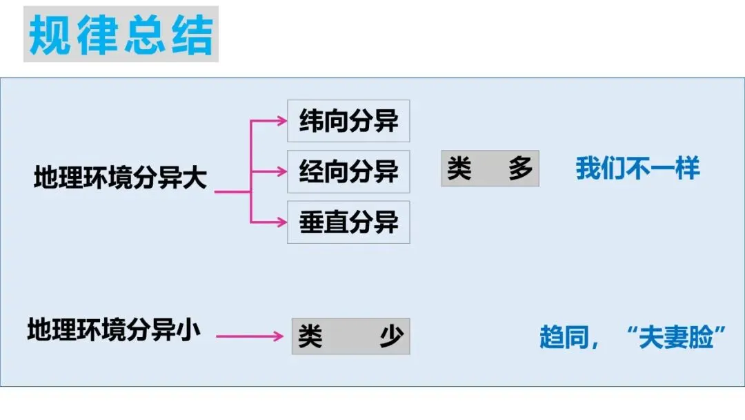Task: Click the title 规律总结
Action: click(x=121, y=35)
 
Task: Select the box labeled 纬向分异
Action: click(x=348, y=122)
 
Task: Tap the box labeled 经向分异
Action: click(x=348, y=171)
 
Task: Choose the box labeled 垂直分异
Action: click(x=348, y=222)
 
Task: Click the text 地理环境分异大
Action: click(x=120, y=179)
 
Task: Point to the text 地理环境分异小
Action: click(x=114, y=329)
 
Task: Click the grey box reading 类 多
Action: click(x=490, y=169)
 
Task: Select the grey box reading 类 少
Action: click(x=350, y=336)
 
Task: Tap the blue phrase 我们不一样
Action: click(x=637, y=169)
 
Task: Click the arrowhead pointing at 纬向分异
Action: click(x=281, y=121)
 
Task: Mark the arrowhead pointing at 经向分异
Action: click(x=281, y=171)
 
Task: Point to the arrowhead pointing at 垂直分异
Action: click(x=281, y=222)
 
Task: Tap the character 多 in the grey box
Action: click(x=521, y=169)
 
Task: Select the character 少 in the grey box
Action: click(x=391, y=336)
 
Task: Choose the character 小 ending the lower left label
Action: click(x=188, y=329)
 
